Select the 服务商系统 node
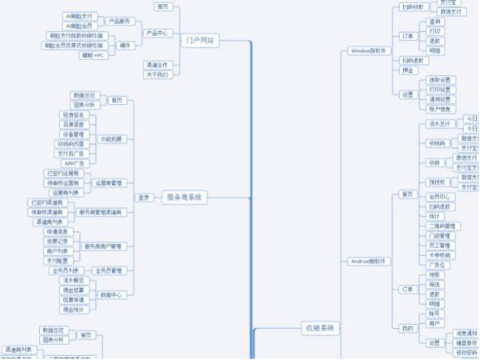(x=184, y=197)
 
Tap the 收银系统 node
(x=320, y=328)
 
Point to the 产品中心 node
(x=158, y=34)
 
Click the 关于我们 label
(x=158, y=74)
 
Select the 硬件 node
(x=125, y=45)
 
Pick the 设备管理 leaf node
(x=79, y=134)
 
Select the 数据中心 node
(x=111, y=294)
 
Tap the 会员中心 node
(x=439, y=196)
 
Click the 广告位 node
(x=437, y=265)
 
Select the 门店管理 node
(x=439, y=236)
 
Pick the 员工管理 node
(x=439, y=246)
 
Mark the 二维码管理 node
(x=441, y=226)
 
